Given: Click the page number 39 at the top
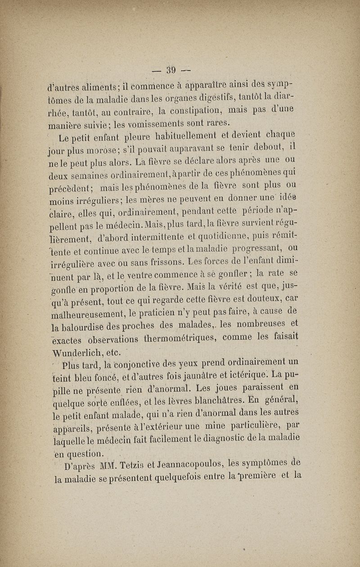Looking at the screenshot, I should [171, 70].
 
